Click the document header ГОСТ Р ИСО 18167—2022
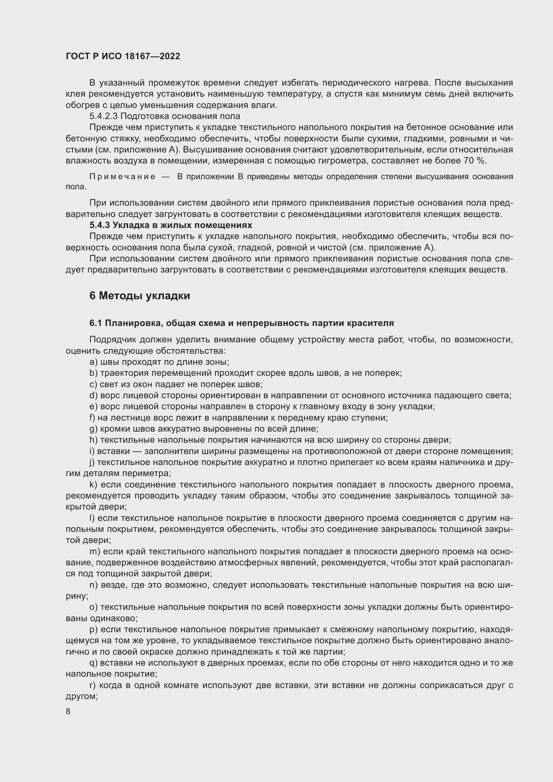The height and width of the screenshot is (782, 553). click(123, 56)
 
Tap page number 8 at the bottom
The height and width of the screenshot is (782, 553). click(68, 711)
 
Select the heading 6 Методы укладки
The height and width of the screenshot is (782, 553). click(140, 296)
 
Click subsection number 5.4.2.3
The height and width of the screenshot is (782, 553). click(104, 116)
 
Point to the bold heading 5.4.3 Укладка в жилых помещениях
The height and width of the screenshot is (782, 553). click(171, 225)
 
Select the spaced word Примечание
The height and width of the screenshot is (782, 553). click(122, 177)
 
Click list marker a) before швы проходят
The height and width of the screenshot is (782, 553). click(93, 362)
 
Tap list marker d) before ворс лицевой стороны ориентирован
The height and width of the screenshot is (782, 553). click(93, 396)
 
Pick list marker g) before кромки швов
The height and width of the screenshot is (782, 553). click(93, 429)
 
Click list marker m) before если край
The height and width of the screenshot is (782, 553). click(94, 551)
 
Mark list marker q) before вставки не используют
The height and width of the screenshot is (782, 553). click(93, 663)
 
